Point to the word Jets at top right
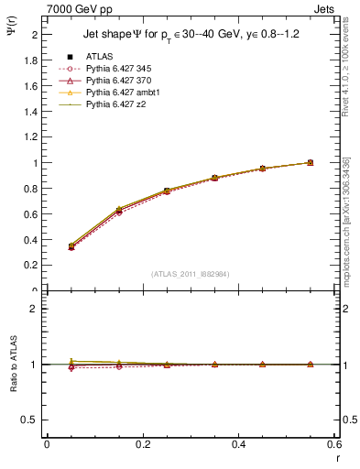325,7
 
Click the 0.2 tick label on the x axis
143,444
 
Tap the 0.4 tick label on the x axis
239,444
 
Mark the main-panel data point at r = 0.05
71,246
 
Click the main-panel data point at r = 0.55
311,162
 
